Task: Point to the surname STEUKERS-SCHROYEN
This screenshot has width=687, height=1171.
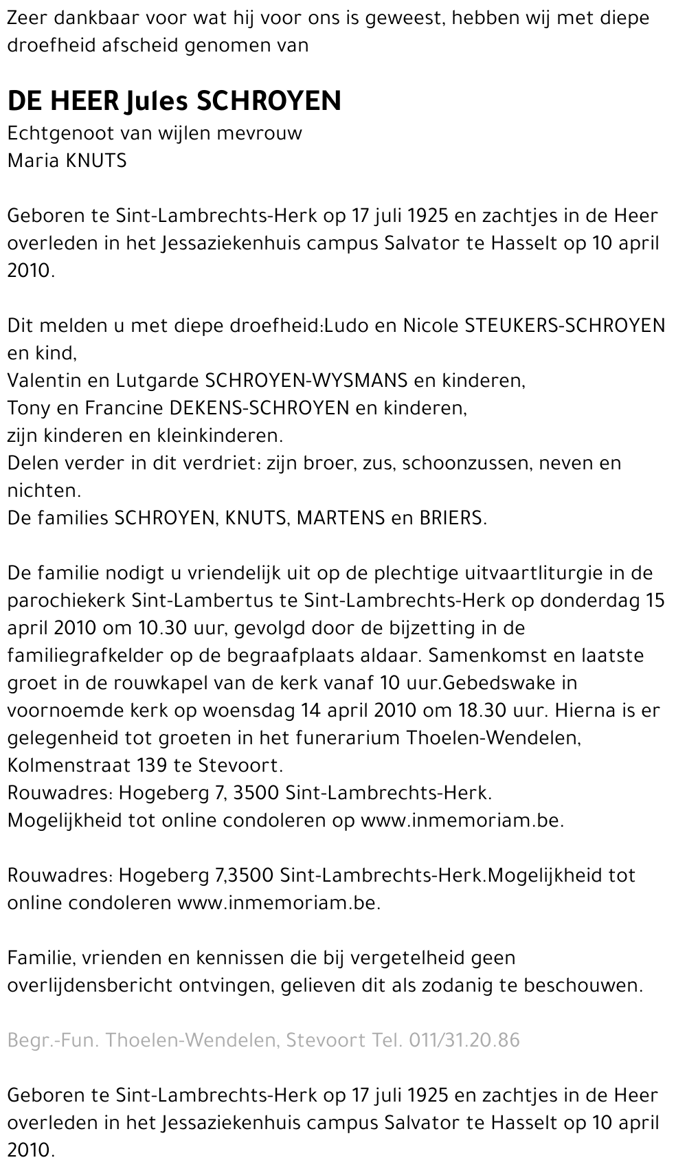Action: pyautogui.click(x=565, y=326)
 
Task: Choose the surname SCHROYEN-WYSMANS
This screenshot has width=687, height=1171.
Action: pyautogui.click(x=307, y=381)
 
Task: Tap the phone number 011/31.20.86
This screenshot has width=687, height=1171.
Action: pyautogui.click(x=464, y=1040)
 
